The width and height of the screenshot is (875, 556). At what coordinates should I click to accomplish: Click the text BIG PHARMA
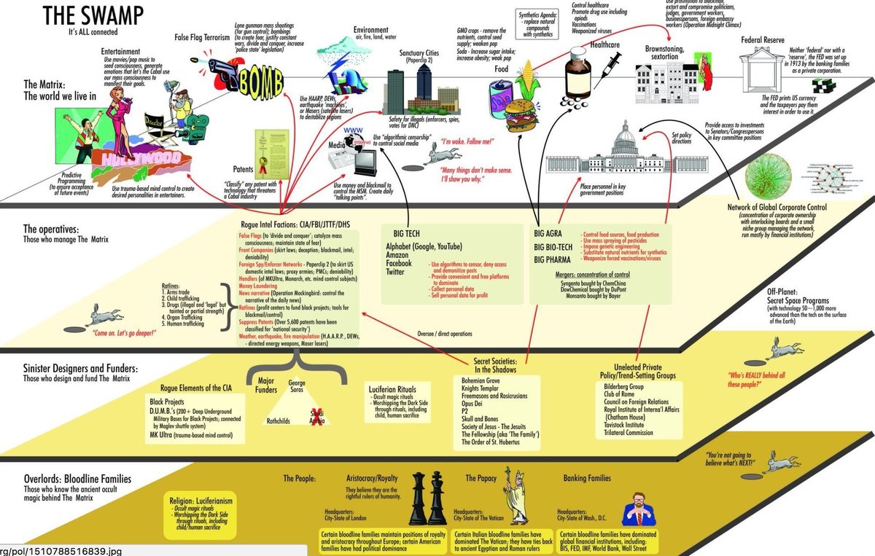coord(556,259)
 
